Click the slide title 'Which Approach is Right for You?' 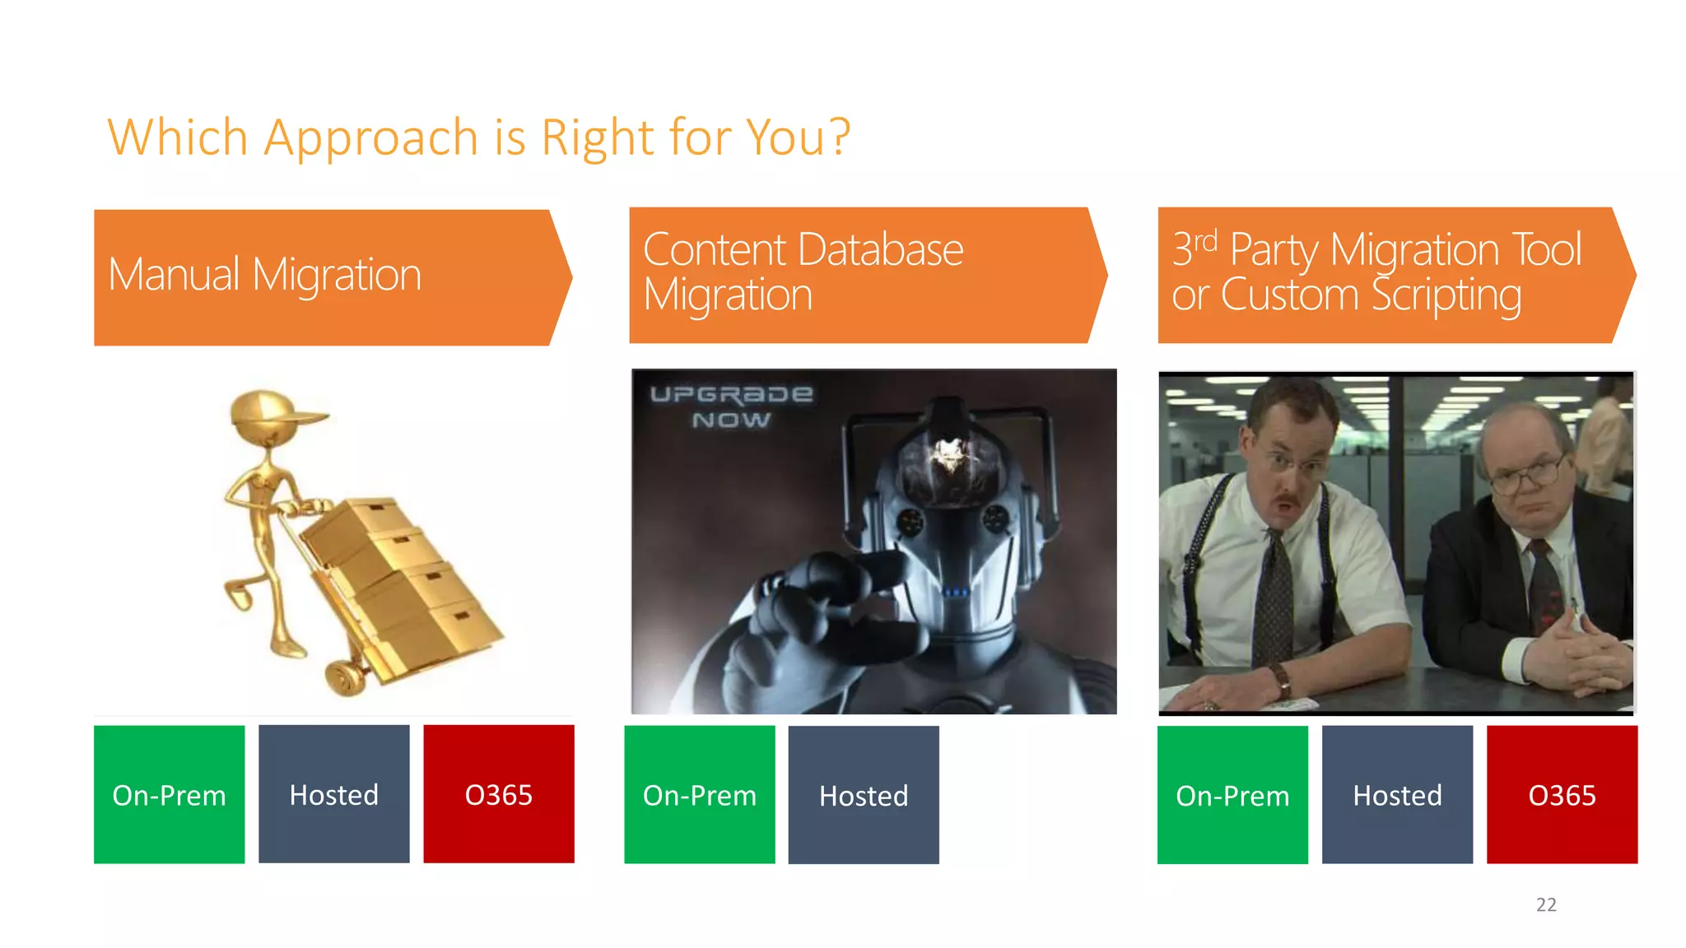[x=477, y=137]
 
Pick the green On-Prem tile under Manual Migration [x=169, y=794]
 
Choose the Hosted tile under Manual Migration [x=333, y=794]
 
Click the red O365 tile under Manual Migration [x=498, y=794]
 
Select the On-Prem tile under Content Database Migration [x=699, y=794]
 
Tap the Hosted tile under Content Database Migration [x=864, y=794]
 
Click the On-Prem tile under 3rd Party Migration [x=1232, y=794]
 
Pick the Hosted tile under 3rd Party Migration [x=1397, y=794]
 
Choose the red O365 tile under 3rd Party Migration [x=1562, y=794]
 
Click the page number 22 [x=1546, y=904]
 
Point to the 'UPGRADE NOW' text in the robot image [x=730, y=407]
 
